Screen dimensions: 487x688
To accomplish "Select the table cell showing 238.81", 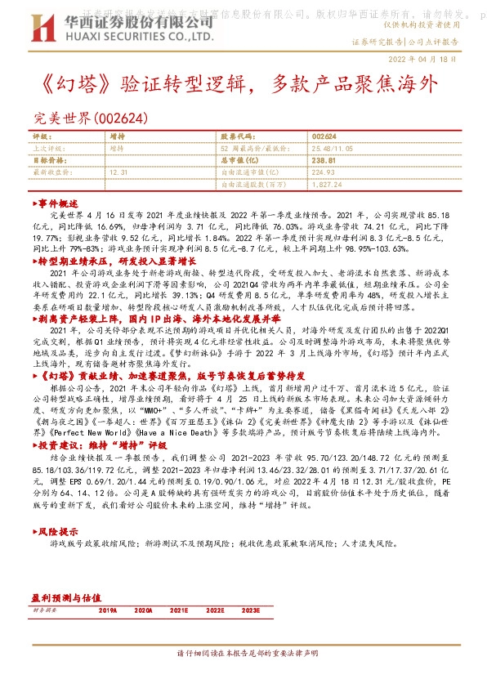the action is [x=324, y=161].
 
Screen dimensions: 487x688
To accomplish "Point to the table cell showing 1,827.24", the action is [x=327, y=184].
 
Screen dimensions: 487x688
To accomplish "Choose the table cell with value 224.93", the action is [x=324, y=172].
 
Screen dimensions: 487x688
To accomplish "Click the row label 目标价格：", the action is [x=48, y=161].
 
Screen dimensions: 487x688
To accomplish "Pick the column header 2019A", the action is [x=108, y=610].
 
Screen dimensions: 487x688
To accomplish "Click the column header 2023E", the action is [x=251, y=610].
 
